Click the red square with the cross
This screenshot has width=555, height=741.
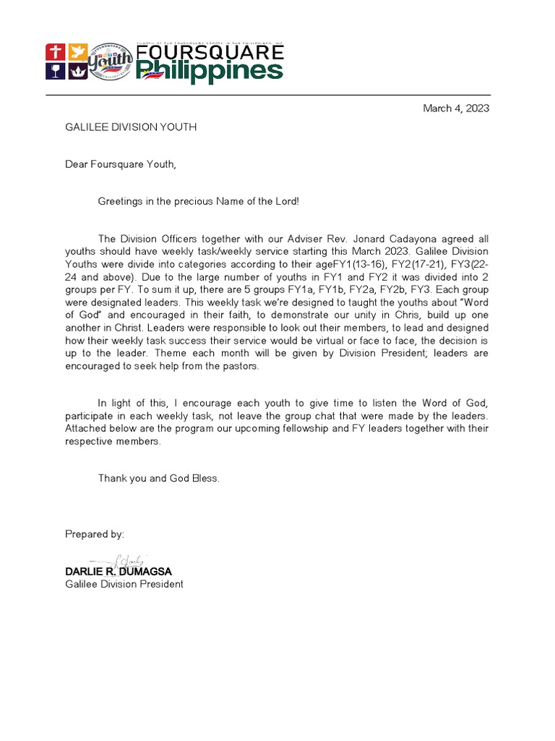point(55,52)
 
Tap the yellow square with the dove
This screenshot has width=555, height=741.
point(76,52)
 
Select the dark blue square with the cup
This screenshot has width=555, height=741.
point(55,71)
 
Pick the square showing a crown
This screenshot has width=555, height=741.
point(76,71)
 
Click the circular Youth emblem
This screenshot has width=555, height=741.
point(109,62)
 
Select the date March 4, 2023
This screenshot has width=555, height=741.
point(455,109)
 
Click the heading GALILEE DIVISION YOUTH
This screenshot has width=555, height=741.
point(131,127)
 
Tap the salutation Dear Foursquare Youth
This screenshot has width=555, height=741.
point(121,164)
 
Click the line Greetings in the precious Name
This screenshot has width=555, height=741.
point(198,201)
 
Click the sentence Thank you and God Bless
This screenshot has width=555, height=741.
point(159,478)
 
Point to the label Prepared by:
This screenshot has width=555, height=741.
point(95,534)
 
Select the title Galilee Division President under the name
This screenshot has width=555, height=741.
point(124,584)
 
